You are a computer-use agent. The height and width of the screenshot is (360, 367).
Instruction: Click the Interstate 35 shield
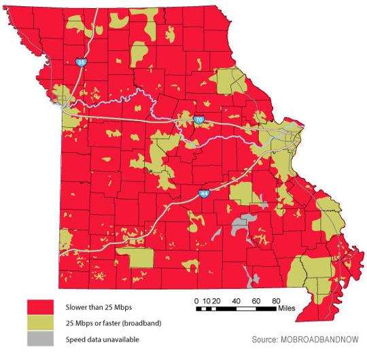82,62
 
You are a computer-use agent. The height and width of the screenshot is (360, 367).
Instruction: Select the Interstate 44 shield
204,194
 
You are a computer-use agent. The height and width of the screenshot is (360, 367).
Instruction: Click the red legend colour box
40,307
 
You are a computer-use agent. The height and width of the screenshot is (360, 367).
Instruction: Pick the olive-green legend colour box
40,323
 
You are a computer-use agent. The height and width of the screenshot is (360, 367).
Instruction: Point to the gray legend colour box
40,338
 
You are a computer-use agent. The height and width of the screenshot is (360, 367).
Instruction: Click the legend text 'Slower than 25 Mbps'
94,307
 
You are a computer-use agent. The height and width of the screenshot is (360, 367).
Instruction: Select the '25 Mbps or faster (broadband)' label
112,323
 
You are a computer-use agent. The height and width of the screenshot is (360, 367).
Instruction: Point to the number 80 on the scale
277,300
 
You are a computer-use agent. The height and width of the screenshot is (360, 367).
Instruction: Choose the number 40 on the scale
237,300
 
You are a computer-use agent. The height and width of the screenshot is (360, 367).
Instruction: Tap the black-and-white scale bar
238,309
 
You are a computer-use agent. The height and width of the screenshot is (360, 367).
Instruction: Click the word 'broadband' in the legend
144,323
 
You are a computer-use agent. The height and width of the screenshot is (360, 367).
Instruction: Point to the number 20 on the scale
217,300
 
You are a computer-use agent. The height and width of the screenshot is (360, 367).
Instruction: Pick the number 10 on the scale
207,300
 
